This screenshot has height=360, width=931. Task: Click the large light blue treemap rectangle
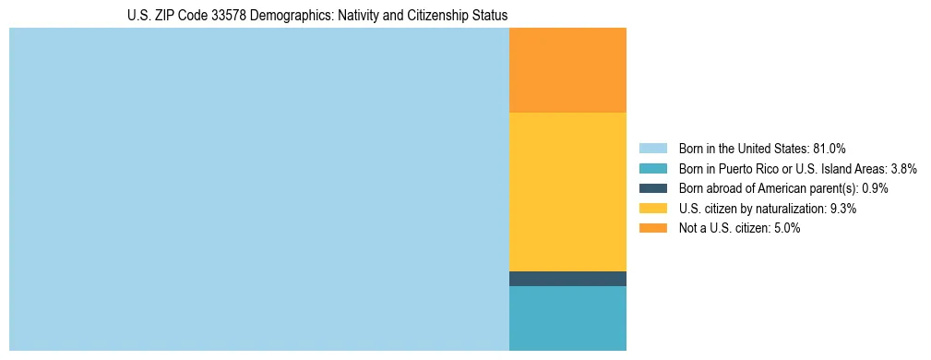click(x=258, y=189)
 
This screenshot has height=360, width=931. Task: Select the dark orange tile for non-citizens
click(x=567, y=70)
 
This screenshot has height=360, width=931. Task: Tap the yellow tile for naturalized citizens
click(x=567, y=191)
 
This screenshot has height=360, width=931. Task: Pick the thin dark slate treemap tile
click(x=567, y=279)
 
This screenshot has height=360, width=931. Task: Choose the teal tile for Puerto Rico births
click(x=567, y=318)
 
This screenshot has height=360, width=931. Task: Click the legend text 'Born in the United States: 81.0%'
click(x=762, y=148)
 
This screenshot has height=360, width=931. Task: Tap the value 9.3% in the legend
click(x=843, y=209)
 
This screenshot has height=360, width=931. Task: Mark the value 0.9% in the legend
click(x=875, y=188)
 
